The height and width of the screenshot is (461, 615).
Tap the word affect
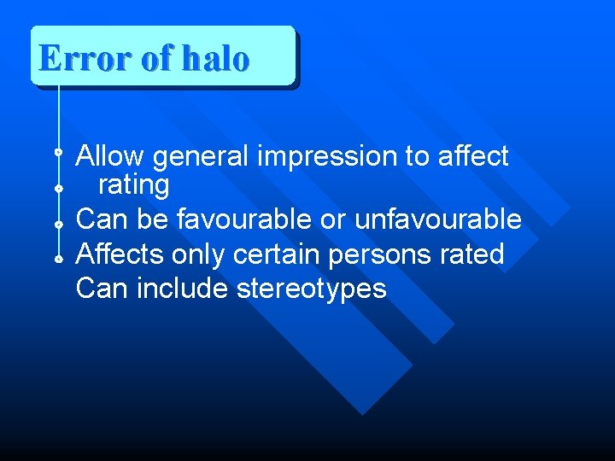[x=472, y=156]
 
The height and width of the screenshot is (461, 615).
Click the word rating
[x=134, y=184]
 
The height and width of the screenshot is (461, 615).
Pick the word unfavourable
[x=437, y=219]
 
